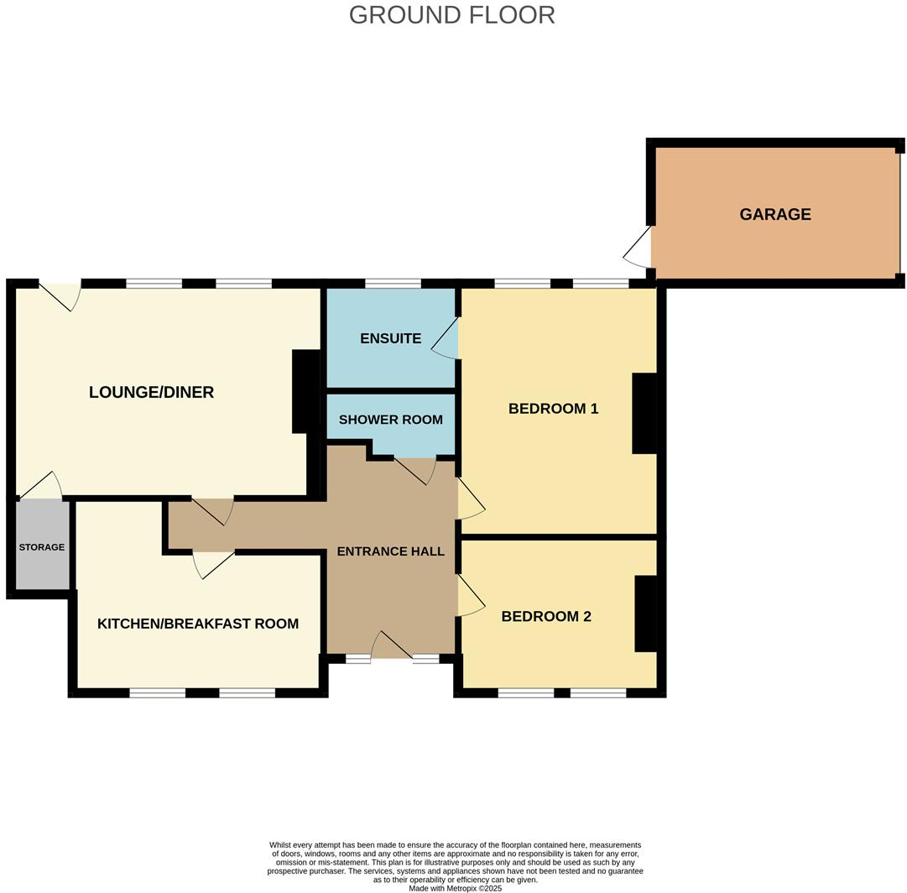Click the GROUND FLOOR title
coord(451,15)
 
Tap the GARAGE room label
coord(774,214)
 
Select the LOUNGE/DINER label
coord(151,392)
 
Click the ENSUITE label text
coord(390,338)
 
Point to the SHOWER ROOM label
coord(390,420)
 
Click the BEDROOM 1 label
coord(553,409)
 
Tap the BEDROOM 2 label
coord(545,616)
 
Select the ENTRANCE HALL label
coord(390,551)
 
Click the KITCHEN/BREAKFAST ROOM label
coord(198,624)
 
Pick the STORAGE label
coord(42,547)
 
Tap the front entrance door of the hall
coord(391,645)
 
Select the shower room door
coord(414,471)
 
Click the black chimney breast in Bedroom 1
coord(644,414)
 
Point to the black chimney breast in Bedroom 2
coord(645,614)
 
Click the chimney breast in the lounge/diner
coord(305,391)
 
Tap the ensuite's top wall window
coord(393,284)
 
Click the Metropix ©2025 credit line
coord(455,888)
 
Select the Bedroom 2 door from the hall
coord(469,597)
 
